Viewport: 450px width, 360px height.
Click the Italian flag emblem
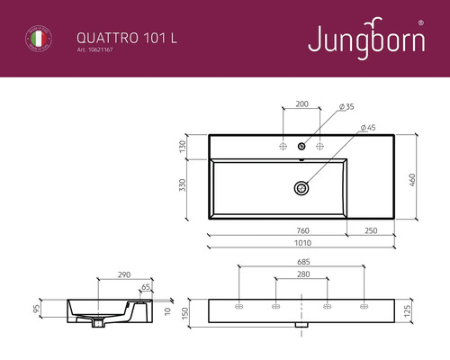(36, 39)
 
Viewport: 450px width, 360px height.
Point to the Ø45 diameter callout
(368, 128)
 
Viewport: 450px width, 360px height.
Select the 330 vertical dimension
(182, 186)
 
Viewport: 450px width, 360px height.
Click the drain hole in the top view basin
(301, 188)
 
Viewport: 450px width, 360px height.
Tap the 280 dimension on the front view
(302, 274)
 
